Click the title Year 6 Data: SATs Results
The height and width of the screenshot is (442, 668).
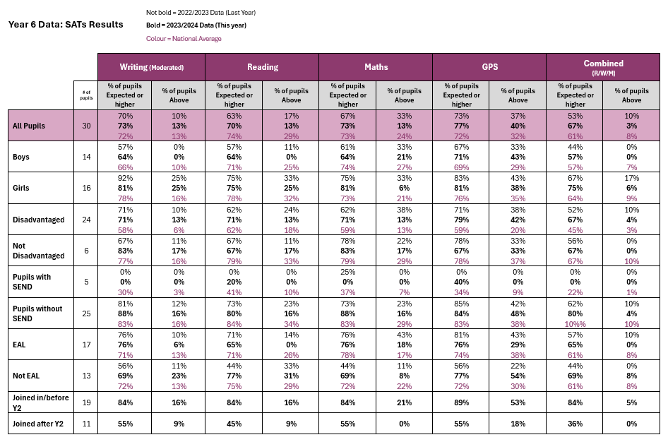tap(66, 25)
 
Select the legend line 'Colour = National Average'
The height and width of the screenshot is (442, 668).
tap(184, 39)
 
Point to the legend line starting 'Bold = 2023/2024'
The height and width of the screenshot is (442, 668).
tap(196, 25)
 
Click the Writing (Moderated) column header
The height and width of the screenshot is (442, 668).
tap(152, 67)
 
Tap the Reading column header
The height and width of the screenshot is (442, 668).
tap(263, 67)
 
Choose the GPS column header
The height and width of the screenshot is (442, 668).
tap(490, 67)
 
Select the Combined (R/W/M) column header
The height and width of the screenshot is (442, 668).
tap(603, 67)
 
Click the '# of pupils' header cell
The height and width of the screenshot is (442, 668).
tap(86, 95)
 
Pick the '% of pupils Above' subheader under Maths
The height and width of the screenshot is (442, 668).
tap(405, 95)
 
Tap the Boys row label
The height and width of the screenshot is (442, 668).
tap(21, 157)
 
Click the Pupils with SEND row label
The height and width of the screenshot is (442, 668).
tap(32, 282)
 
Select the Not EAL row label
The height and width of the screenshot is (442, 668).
tap(26, 376)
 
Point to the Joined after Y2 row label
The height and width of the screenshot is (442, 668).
tap(38, 424)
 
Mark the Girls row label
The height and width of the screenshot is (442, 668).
tap(21, 188)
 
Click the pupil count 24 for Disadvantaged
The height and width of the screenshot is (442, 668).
tap(86, 220)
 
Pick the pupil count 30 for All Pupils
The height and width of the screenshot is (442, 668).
tap(86, 126)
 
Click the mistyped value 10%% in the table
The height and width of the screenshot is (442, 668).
tap(575, 324)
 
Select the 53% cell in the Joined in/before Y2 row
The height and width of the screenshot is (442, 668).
tap(518, 402)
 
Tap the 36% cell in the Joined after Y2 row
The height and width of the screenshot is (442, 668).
tap(575, 424)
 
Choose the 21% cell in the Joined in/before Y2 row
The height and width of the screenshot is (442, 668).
tap(405, 402)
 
